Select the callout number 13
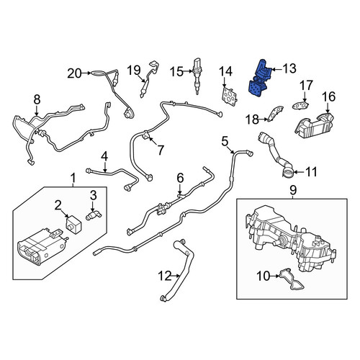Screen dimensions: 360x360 click(x=289, y=68)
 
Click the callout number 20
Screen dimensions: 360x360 click(x=74, y=73)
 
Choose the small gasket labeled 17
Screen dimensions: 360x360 click(x=300, y=105)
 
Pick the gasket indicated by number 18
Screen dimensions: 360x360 click(x=275, y=114)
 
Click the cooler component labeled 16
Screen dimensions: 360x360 click(x=315, y=125)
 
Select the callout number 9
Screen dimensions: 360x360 click(x=293, y=190)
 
